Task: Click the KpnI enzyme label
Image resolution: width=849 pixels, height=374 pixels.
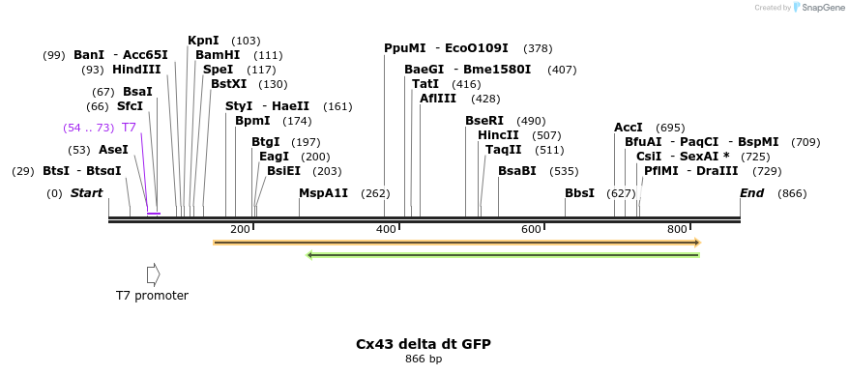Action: [203, 41]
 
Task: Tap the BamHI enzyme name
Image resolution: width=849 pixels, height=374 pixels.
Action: [218, 55]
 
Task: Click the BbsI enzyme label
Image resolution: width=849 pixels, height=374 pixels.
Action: [579, 193]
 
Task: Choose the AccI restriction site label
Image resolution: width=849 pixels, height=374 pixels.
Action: [629, 128]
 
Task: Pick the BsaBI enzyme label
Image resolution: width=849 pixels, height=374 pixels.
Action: [516, 171]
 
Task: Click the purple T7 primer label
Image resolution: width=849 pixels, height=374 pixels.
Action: [129, 128]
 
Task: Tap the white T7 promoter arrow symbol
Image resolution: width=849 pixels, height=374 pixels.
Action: [153, 274]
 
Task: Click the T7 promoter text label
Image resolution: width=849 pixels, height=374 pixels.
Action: [152, 296]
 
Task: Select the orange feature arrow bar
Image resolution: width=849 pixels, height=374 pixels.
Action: [455, 243]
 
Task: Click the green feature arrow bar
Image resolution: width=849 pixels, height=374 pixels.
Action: [502, 255]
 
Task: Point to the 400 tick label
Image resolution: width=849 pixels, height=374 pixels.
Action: [386, 229]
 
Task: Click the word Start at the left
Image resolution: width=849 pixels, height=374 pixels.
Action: [86, 193]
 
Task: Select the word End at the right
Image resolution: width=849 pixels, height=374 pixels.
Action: [751, 193]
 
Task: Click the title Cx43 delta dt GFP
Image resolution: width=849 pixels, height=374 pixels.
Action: [423, 344]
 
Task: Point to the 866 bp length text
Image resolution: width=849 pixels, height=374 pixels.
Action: [424, 360]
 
